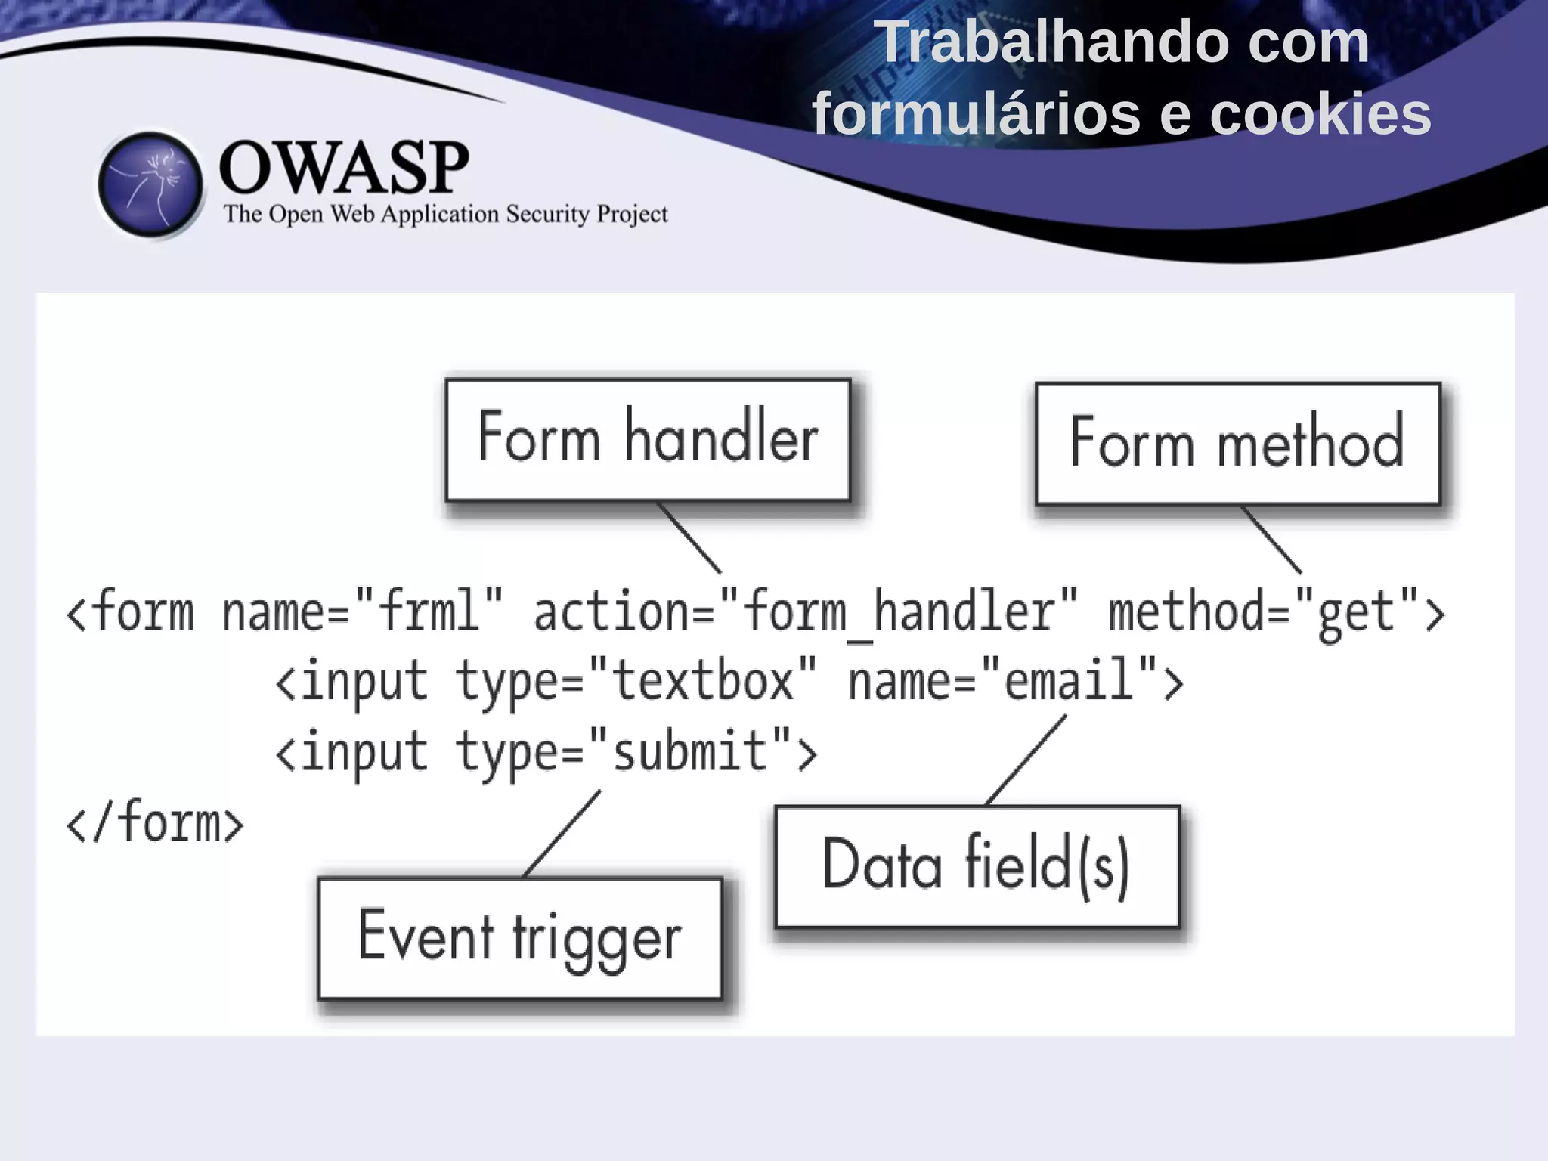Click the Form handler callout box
click(648, 440)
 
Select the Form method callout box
click(1237, 444)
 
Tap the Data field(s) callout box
click(977, 866)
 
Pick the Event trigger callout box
click(520, 938)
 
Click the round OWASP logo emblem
click(150, 185)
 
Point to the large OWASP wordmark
click(343, 168)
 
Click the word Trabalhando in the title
click(1057, 43)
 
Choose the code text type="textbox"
click(635, 680)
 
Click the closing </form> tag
click(155, 822)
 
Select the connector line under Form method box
click(1272, 540)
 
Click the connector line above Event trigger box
click(562, 834)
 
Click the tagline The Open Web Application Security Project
click(445, 215)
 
